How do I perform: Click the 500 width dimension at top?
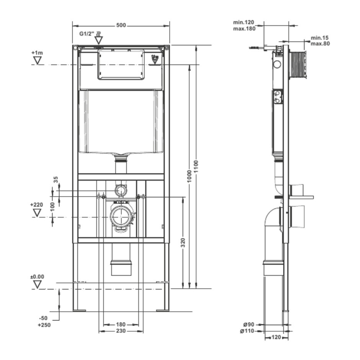(121, 25)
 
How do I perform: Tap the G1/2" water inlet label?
(87, 34)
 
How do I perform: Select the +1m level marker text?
(37, 52)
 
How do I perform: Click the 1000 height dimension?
(189, 176)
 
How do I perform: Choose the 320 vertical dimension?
(183, 242)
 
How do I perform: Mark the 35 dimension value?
(56, 179)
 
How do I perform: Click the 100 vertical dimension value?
(52, 207)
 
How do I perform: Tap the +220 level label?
(36, 205)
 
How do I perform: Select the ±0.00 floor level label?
(37, 277)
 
